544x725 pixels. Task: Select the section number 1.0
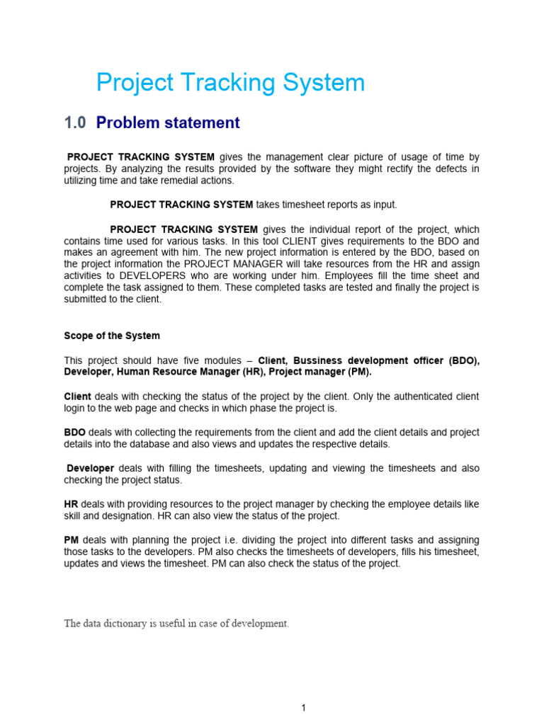point(74,123)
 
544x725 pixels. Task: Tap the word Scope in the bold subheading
point(79,336)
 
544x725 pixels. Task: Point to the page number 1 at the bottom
point(303,708)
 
